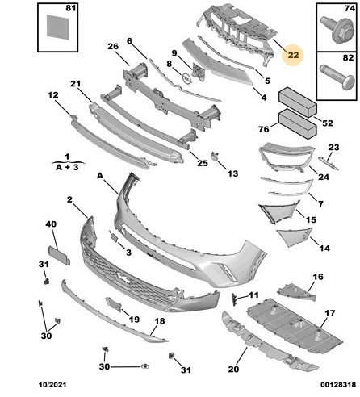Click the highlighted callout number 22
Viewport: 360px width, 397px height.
(x=293, y=55)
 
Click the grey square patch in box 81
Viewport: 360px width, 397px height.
(x=58, y=27)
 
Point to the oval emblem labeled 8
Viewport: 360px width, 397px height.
(x=186, y=77)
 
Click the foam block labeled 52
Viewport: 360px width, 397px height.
(x=298, y=102)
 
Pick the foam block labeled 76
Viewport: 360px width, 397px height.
(x=297, y=123)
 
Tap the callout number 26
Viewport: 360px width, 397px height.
(x=113, y=46)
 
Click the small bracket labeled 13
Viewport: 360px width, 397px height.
(x=215, y=156)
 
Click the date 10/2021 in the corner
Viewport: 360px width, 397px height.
(x=52, y=385)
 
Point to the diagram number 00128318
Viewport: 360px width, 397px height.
(x=338, y=385)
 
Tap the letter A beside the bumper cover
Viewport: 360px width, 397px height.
(x=100, y=176)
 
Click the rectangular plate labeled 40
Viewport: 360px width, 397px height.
(x=59, y=256)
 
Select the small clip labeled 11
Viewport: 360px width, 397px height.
(x=234, y=299)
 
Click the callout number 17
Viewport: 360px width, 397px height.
(x=330, y=313)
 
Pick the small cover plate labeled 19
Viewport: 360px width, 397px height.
(x=114, y=304)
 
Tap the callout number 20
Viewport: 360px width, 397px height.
(x=233, y=369)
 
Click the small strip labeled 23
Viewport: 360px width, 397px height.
(x=329, y=164)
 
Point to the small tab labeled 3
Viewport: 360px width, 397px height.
(x=114, y=237)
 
